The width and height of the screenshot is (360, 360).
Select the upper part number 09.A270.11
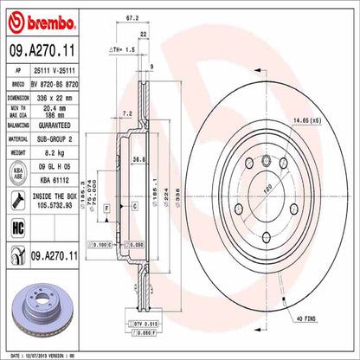[x=38, y=55]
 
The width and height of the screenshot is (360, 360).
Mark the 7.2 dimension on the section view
[x=127, y=113]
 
